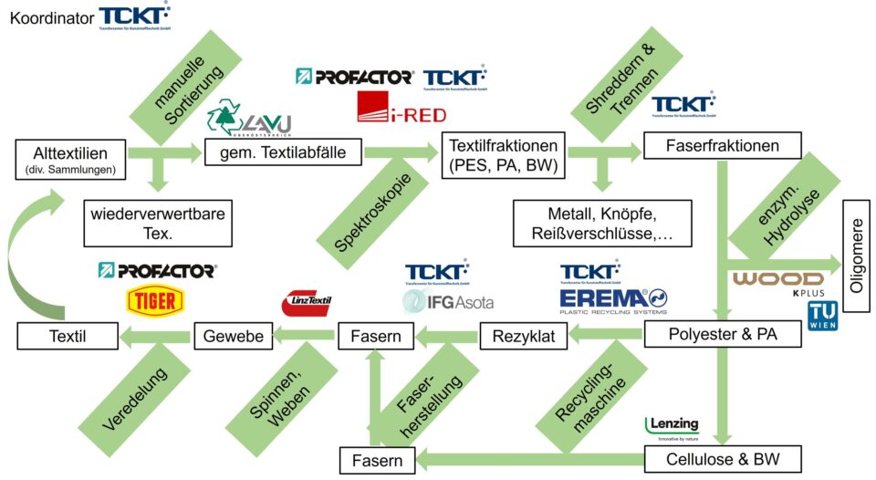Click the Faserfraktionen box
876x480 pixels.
(x=723, y=146)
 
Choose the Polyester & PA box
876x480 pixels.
(x=723, y=335)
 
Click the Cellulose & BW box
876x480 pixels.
(x=723, y=458)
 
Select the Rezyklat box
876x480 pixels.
(x=524, y=337)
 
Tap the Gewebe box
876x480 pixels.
(x=234, y=337)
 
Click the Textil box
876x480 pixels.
(x=68, y=337)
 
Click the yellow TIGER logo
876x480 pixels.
(x=156, y=300)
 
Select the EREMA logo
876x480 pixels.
(x=613, y=298)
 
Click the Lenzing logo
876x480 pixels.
(x=673, y=426)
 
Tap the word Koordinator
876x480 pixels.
(x=50, y=16)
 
